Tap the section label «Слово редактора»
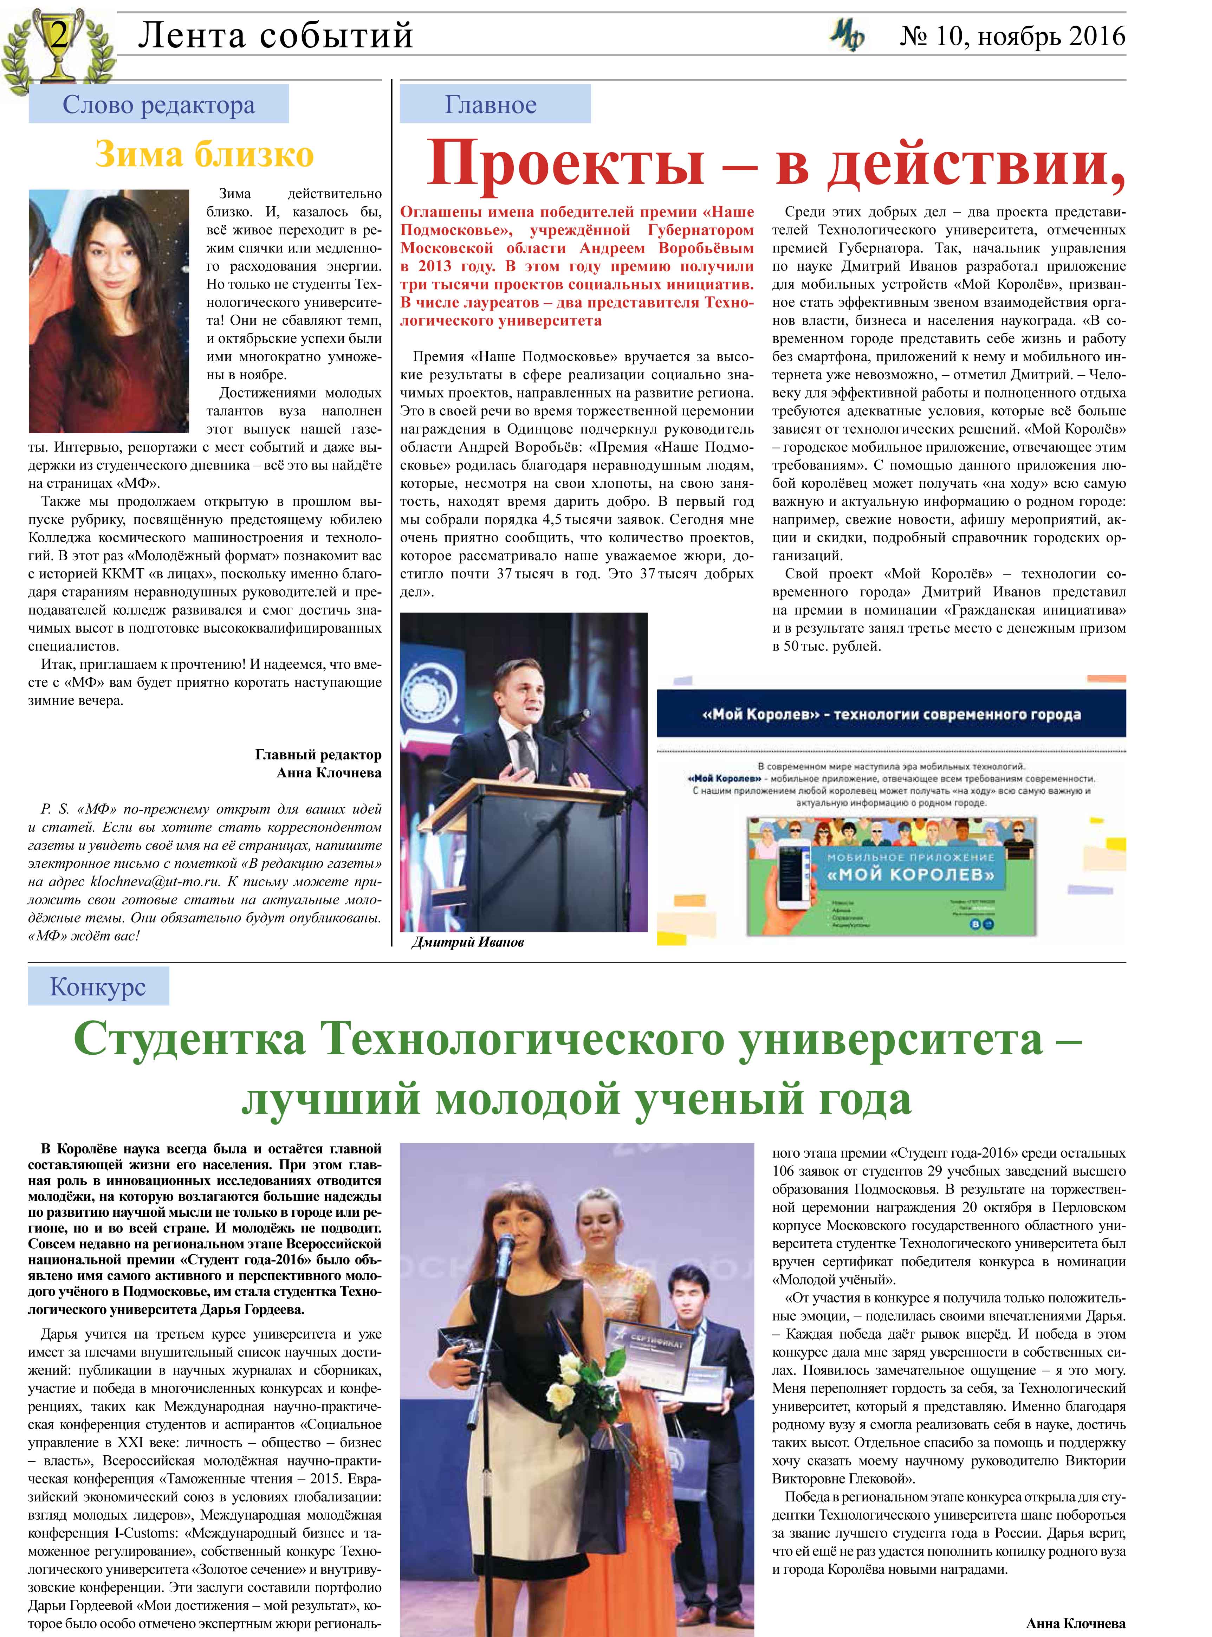[158, 105]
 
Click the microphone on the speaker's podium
[579, 714]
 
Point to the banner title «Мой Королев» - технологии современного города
[891, 714]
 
